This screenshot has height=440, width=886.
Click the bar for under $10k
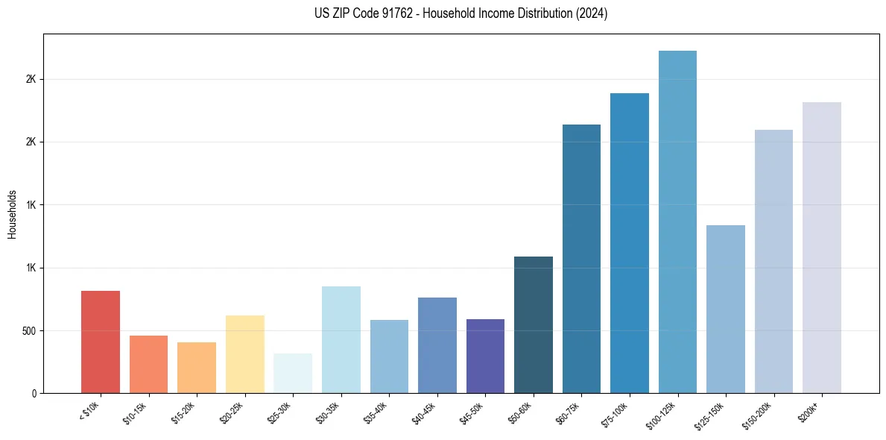pyautogui.click(x=101, y=342)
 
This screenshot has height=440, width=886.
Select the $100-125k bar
pyautogui.click(x=677, y=221)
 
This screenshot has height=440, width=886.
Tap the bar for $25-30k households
pyautogui.click(x=293, y=373)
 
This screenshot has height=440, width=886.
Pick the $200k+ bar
pyautogui.click(x=822, y=248)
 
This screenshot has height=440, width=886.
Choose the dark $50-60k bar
pyautogui.click(x=534, y=324)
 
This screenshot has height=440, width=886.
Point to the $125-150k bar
pyautogui.click(x=726, y=309)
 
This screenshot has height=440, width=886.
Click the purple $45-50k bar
pyautogui.click(x=485, y=356)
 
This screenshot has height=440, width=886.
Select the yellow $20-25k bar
pyautogui.click(x=245, y=354)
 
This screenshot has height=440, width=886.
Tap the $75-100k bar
pyautogui.click(x=630, y=243)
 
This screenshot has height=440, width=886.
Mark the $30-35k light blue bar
pyautogui.click(x=341, y=339)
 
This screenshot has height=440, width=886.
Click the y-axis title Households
pyautogui.click(x=12, y=213)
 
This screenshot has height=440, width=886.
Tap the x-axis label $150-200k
pyautogui.click(x=758, y=413)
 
